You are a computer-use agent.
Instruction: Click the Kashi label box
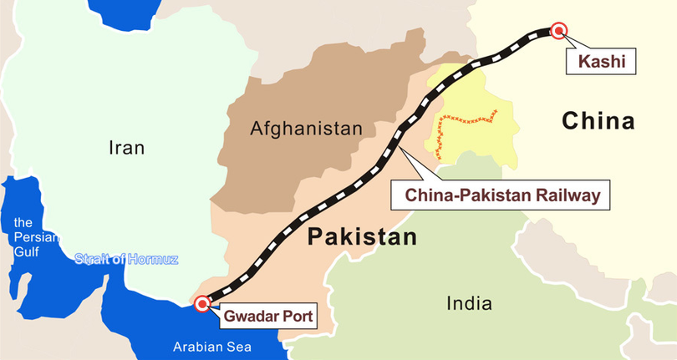tap(595, 60)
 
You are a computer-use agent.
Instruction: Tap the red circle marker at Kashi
tap(557, 31)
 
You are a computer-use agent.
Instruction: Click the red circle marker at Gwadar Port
tap(201, 304)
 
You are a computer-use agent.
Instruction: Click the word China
tap(598, 121)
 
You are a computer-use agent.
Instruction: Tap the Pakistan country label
tap(361, 238)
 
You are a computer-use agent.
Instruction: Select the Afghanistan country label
tap(306, 129)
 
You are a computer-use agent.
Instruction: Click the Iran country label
tap(127, 149)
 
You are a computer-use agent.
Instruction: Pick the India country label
tap(469, 302)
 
